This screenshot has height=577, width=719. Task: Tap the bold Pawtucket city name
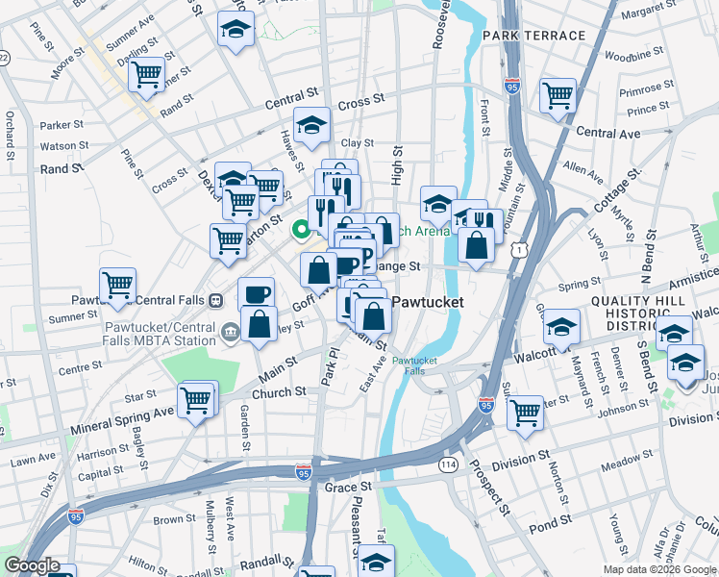430,302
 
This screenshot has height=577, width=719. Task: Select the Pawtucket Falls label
414,365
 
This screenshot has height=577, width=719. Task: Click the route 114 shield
448,464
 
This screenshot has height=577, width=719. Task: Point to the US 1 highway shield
520,250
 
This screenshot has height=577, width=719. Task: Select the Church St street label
278,392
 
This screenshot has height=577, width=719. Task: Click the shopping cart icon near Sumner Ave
147,75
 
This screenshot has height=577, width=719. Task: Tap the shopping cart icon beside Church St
196,399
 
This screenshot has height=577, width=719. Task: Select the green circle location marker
300,229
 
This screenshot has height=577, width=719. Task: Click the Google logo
32,565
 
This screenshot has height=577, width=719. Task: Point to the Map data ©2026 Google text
659,569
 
